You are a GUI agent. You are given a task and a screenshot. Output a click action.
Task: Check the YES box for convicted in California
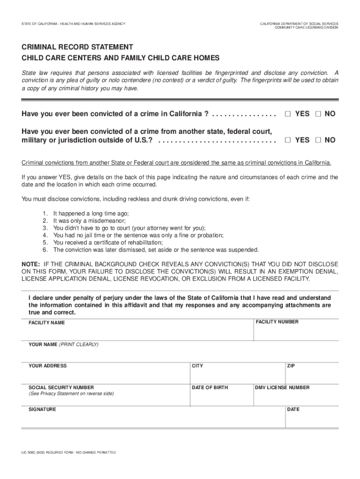(x=288, y=114)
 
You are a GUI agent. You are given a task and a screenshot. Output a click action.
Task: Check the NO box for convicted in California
(x=318, y=114)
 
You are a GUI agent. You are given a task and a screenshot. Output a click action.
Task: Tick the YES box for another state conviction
(x=288, y=140)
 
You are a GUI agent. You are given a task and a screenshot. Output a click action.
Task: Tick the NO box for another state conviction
(x=318, y=140)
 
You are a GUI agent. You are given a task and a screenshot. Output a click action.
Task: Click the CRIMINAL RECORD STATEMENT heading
(x=77, y=47)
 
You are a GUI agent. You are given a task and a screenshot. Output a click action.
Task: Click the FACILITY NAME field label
(x=47, y=323)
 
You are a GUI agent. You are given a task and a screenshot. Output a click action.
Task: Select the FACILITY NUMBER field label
(x=277, y=322)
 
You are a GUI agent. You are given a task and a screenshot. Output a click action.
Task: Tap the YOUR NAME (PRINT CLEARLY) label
(x=64, y=344)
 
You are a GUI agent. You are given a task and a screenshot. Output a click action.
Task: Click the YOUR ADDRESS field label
(x=48, y=366)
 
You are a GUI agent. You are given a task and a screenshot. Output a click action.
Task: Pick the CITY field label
(x=197, y=366)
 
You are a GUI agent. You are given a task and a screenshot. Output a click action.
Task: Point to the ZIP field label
(x=291, y=366)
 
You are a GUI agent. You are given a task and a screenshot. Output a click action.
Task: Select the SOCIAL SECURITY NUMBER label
(x=61, y=387)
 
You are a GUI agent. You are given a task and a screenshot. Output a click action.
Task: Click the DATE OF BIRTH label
(x=210, y=387)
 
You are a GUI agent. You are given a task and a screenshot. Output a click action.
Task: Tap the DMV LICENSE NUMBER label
(x=282, y=387)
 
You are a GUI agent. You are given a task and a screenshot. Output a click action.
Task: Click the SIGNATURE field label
(x=42, y=409)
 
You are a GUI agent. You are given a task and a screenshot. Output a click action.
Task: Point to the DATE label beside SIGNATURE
(x=293, y=409)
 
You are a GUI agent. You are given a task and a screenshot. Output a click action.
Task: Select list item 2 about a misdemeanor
(x=89, y=220)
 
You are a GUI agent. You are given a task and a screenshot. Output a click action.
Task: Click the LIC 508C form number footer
(x=68, y=452)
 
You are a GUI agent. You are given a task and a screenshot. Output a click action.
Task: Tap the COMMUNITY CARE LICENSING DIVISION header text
(x=306, y=28)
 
